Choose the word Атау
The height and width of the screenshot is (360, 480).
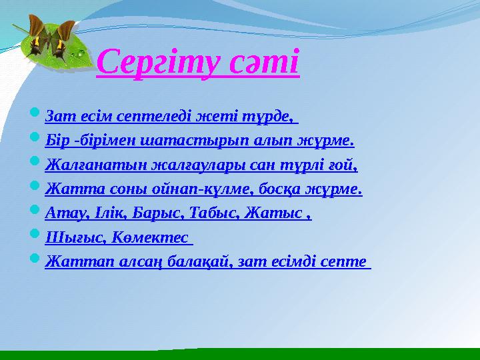(x=61, y=214)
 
